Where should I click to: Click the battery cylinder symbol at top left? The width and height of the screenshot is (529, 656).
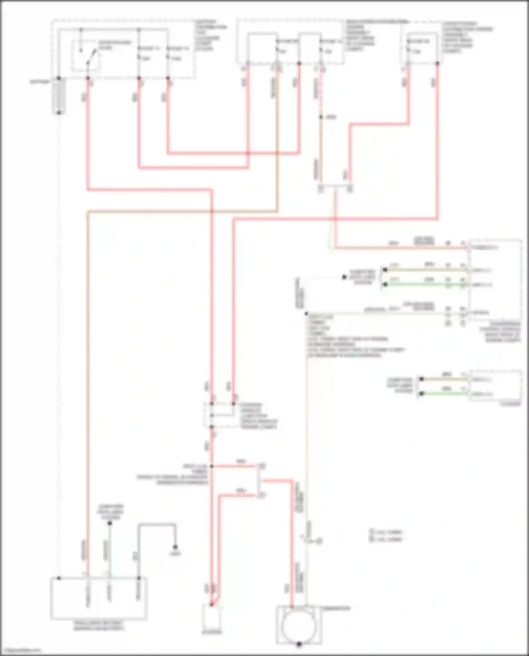tap(59, 96)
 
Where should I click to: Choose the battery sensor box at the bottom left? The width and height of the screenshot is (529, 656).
tap(98, 598)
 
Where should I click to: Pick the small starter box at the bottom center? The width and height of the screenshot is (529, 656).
tap(212, 618)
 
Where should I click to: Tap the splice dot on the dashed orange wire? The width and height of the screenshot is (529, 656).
tap(321, 117)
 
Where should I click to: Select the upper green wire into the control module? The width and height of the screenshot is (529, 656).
tap(423, 284)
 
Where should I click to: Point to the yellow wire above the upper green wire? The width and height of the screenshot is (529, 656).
tap(423, 270)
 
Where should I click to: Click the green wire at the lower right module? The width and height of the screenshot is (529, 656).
tap(444, 393)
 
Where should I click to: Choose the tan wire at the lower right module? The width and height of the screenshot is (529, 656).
tap(444, 379)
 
